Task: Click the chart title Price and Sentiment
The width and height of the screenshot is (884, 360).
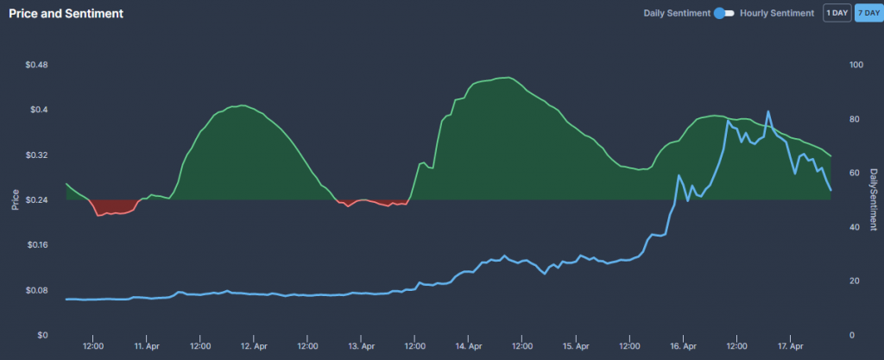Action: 66,15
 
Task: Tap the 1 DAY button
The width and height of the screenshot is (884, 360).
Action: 836,13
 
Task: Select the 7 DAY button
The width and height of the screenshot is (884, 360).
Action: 867,13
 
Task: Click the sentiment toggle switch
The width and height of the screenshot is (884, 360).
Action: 723,13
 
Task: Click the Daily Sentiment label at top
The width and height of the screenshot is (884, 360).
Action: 677,13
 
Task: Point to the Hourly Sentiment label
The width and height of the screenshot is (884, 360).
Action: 777,13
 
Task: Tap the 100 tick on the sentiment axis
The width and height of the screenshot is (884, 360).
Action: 856,65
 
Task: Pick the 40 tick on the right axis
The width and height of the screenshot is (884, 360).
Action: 855,227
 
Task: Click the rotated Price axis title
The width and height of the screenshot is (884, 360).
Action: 15,200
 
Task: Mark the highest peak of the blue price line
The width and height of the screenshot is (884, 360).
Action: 768,111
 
